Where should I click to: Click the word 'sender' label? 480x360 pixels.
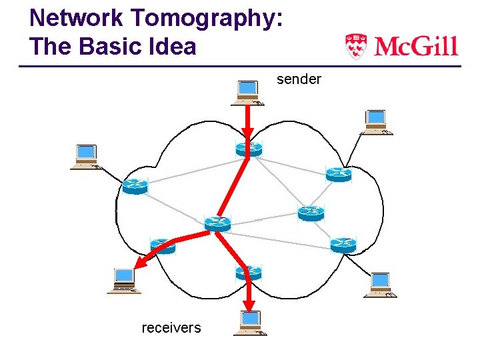(299, 80)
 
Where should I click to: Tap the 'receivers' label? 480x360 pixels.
(171, 327)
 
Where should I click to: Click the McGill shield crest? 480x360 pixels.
(356, 47)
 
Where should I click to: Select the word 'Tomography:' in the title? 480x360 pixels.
(205, 18)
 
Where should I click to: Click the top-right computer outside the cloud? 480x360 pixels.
(376, 121)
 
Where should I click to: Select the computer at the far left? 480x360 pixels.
(86, 157)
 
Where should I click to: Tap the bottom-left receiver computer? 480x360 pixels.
(124, 280)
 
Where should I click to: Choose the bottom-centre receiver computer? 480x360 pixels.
(250, 323)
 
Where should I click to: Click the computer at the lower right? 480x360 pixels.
(380, 285)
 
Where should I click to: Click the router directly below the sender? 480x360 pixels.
(249, 149)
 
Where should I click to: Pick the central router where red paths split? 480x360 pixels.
(217, 223)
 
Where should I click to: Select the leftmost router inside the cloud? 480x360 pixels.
(134, 187)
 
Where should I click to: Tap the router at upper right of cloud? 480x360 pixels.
(339, 175)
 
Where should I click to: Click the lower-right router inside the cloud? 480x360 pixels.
(343, 244)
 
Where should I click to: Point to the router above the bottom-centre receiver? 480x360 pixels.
(249, 272)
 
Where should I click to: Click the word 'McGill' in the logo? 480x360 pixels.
(415, 47)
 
